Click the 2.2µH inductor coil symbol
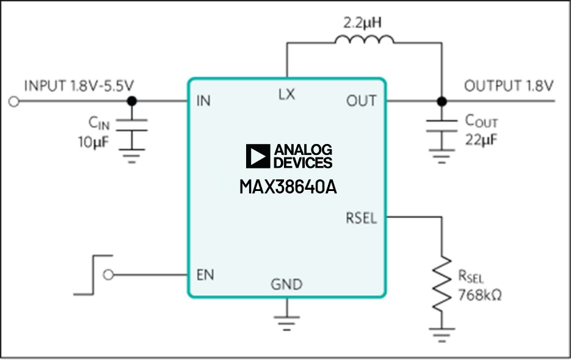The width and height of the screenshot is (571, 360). tap(364, 40)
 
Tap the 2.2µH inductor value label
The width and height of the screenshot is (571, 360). tap(363, 23)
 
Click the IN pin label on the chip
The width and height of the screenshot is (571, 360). tap(203, 101)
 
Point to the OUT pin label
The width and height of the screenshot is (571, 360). tap(362, 101)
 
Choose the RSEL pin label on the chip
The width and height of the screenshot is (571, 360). tap(361, 218)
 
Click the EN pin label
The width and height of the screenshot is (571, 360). tap(205, 275)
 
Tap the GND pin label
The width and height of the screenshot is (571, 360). tap(286, 284)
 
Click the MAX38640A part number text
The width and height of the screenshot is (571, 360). tap(288, 186)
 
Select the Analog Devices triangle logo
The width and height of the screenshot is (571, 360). tap(258, 156)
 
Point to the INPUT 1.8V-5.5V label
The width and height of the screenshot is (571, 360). tap(78, 85)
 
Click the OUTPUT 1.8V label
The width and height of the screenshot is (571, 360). tap(509, 85)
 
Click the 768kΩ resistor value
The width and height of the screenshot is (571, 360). tap(480, 297)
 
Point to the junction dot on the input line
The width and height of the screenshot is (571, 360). tap(131, 101)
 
